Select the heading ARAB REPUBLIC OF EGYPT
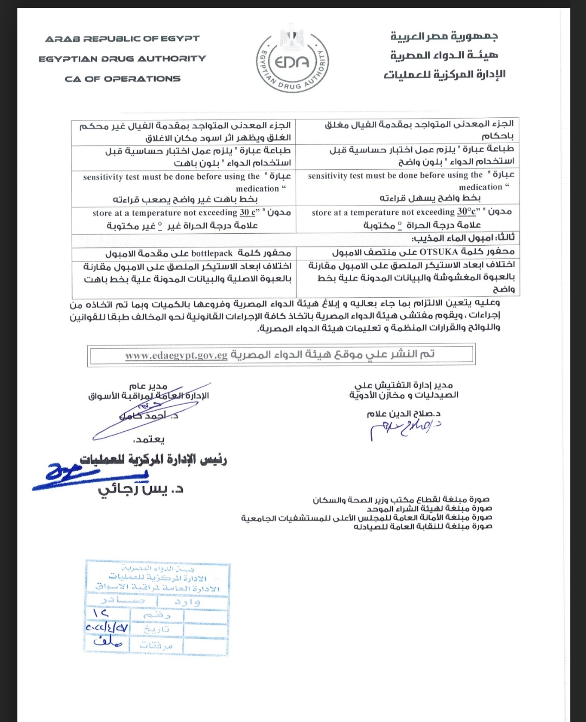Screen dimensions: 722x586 [122, 39]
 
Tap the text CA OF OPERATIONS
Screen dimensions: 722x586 [122, 79]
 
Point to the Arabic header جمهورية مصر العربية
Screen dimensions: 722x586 [444, 36]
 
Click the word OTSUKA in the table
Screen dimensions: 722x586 [438, 252]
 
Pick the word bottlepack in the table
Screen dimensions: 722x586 [212, 253]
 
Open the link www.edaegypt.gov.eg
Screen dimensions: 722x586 [176, 356]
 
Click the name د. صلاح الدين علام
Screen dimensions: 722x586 [404, 414]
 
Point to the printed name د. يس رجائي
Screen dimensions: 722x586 [141, 489]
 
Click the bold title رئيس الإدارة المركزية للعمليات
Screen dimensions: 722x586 [154, 460]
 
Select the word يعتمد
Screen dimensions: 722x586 [149, 439]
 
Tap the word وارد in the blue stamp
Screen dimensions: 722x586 [187, 602]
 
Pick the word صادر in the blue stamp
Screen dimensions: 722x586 [123, 601]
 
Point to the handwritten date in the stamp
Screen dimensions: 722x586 [107, 628]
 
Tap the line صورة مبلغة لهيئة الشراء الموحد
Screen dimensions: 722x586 [429, 509]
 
